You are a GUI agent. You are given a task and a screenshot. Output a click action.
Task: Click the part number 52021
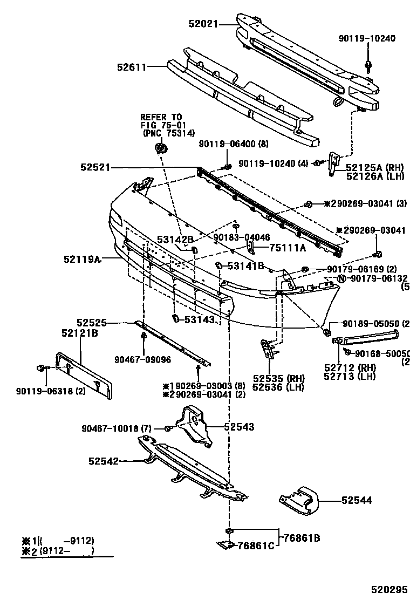[204, 23]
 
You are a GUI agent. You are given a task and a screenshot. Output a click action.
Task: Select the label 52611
[132, 67]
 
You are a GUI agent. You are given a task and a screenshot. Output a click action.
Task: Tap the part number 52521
[96, 168]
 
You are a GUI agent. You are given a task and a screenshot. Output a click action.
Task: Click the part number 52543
[238, 427]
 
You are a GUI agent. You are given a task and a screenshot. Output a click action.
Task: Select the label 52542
[104, 461]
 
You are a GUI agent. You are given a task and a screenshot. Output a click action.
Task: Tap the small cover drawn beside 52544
[299, 500]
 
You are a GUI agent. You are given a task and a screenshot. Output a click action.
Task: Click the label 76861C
[256, 547]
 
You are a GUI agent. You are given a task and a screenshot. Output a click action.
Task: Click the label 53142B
[175, 239]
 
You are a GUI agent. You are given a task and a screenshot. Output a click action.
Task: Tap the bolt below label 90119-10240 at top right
[368, 65]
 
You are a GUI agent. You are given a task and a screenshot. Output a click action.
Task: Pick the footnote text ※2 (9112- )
[58, 551]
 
